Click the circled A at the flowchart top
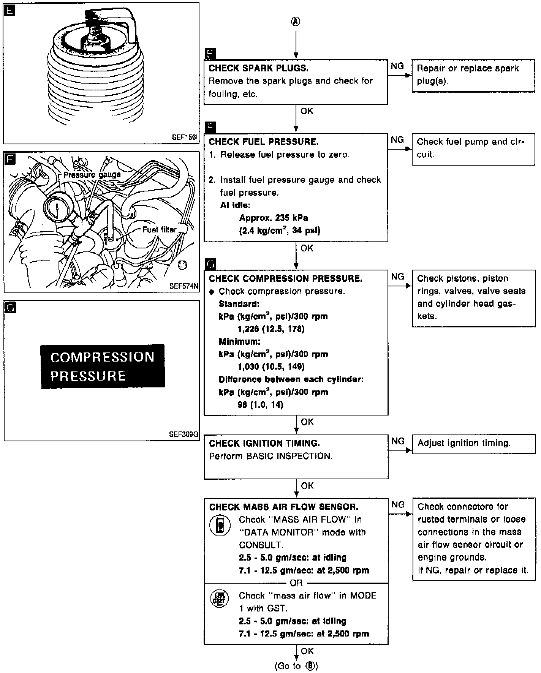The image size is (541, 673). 296,22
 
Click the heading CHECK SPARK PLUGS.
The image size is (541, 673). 258,68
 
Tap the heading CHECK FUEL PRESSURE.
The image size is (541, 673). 263,142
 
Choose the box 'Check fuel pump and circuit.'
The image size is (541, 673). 473,149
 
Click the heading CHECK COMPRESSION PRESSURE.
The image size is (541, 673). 285,279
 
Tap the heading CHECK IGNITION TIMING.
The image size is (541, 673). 264,444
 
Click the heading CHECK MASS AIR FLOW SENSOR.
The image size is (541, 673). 284,507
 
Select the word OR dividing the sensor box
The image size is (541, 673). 296,583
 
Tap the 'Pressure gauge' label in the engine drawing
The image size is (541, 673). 92,175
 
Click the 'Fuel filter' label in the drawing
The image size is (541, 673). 159,229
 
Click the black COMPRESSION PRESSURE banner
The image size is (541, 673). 103,367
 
